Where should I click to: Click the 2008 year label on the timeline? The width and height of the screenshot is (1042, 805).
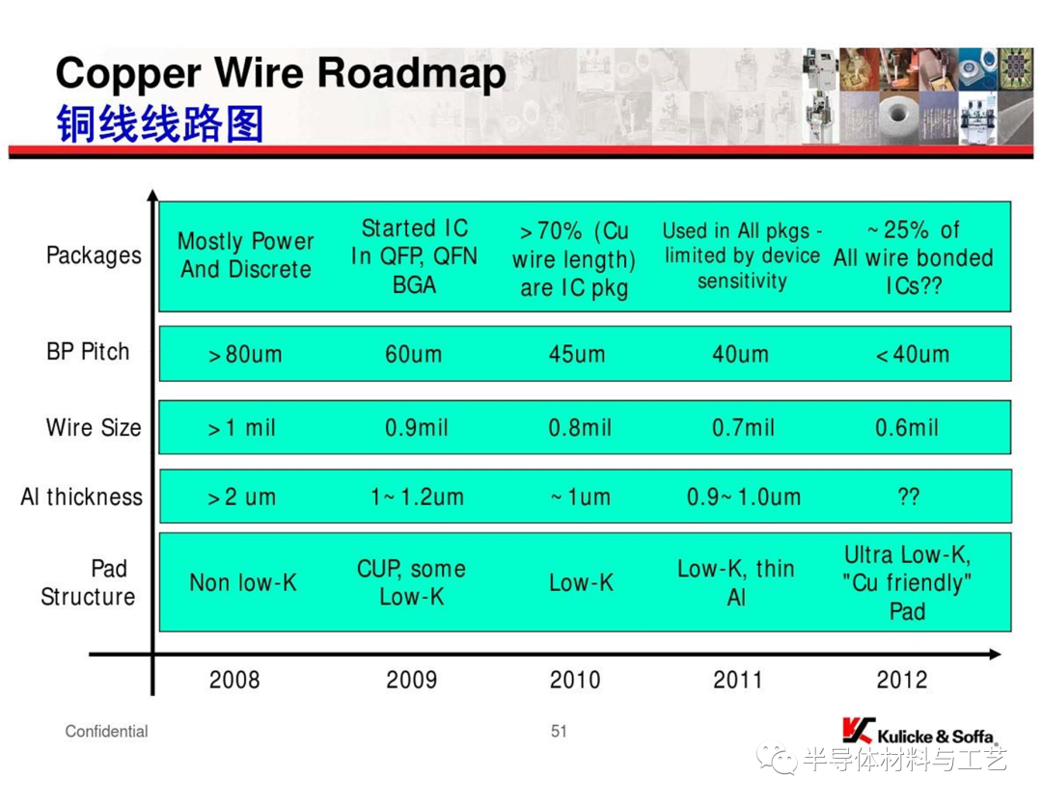pyautogui.click(x=233, y=680)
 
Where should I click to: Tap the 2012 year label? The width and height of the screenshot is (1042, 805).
pyautogui.click(x=902, y=680)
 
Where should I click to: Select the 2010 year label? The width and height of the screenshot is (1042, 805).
pyautogui.click(x=575, y=680)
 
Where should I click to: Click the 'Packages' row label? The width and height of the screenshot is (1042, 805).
pyautogui.click(x=94, y=255)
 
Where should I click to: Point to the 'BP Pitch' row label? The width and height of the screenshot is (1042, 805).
pyautogui.click(x=88, y=351)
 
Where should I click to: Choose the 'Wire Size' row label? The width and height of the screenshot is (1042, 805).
pyautogui.click(x=94, y=427)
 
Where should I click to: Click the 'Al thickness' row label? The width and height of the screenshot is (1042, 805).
pyautogui.click(x=82, y=496)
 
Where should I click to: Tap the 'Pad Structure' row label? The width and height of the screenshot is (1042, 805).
pyautogui.click(x=89, y=582)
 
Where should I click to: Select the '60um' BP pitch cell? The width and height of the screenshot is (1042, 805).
pyautogui.click(x=413, y=354)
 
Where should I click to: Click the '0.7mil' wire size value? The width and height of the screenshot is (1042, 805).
pyautogui.click(x=743, y=428)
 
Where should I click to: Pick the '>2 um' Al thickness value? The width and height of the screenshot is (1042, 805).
pyautogui.click(x=241, y=496)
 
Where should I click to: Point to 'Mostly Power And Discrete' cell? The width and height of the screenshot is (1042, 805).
pyautogui.click(x=246, y=255)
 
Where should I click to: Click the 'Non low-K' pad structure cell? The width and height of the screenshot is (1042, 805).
pyautogui.click(x=242, y=582)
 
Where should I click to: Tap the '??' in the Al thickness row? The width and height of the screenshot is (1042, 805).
pyautogui.click(x=909, y=496)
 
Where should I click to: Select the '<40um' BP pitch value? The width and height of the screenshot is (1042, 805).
pyautogui.click(x=913, y=354)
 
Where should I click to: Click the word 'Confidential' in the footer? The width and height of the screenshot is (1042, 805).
pyautogui.click(x=106, y=732)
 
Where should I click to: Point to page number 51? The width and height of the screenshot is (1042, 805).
pyautogui.click(x=559, y=732)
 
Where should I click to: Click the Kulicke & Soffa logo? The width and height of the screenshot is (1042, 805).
pyautogui.click(x=920, y=732)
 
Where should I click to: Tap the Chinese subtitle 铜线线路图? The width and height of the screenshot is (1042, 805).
pyautogui.click(x=159, y=123)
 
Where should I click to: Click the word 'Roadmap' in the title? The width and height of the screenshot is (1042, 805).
pyautogui.click(x=412, y=73)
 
